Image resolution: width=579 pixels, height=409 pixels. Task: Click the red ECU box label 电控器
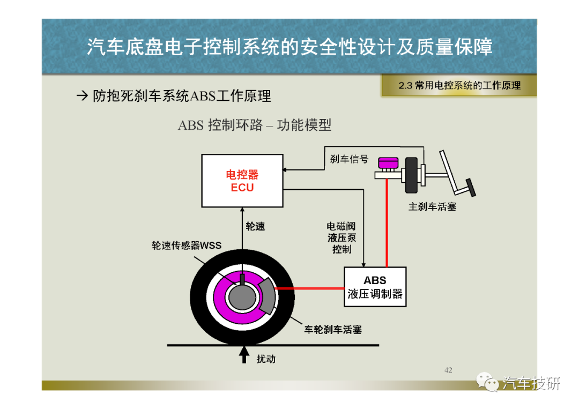(x=242, y=174)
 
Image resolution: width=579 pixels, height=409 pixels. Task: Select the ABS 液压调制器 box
(x=375, y=287)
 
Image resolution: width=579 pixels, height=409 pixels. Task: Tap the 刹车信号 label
(x=349, y=159)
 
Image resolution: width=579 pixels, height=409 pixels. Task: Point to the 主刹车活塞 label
(x=432, y=207)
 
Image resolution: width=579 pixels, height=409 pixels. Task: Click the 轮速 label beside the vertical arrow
(x=255, y=226)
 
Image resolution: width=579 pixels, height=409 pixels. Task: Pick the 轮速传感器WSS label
(x=187, y=246)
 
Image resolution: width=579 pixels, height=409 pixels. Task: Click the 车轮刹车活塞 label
(x=333, y=329)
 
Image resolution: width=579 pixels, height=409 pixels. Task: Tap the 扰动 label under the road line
(x=266, y=359)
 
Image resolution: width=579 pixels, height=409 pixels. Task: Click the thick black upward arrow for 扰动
(x=244, y=354)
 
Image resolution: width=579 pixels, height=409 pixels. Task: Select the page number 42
(x=448, y=370)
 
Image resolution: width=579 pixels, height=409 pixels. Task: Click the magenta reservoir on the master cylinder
(x=388, y=163)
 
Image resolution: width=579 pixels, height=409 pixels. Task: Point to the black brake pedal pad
(x=471, y=188)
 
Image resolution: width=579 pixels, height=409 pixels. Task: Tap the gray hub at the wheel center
(x=242, y=297)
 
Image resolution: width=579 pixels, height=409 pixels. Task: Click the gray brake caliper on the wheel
(x=266, y=295)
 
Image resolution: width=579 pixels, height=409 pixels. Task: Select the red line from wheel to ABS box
(x=309, y=288)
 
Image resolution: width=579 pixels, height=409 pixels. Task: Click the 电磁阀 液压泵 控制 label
(x=342, y=237)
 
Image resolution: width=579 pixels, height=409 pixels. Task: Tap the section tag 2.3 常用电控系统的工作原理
(x=459, y=85)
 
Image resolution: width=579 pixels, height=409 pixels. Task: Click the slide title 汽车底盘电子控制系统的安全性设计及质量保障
(x=289, y=47)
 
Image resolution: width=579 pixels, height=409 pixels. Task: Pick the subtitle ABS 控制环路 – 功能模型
(x=255, y=125)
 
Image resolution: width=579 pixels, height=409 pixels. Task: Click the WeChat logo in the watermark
(x=487, y=382)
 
